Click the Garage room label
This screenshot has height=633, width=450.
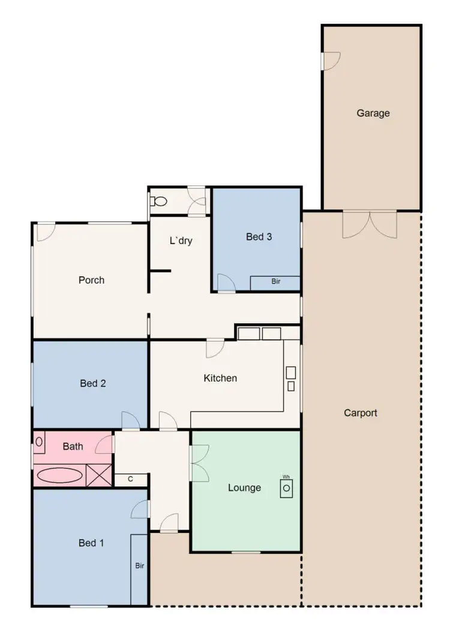pos(373,113)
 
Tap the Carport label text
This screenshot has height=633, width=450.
pos(360,413)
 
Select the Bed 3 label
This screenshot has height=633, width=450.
pos(259,237)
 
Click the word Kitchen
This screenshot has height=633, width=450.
pos(220,378)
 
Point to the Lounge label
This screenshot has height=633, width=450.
pos(244,488)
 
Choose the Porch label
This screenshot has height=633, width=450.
pos(91,280)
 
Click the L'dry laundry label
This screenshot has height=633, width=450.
pos(180,241)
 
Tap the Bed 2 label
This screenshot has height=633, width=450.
pos(93,383)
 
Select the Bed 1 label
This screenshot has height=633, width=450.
pos(91,543)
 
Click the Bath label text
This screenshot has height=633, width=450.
pos(73,446)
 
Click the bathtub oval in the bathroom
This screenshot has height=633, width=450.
pos(60,476)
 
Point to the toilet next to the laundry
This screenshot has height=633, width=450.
pos(158,202)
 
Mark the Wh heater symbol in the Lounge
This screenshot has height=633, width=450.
pos(287,487)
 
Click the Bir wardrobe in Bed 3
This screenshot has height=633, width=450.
pos(275,281)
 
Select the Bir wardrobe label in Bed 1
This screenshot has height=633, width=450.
pos(139,566)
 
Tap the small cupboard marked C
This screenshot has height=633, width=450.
pos(131,479)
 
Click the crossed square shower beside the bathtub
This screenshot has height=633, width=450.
pos(99,475)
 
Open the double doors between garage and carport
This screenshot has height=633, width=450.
pos(370,223)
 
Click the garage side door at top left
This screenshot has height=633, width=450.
pos(330,60)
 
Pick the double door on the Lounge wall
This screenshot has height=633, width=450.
pos(199,463)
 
